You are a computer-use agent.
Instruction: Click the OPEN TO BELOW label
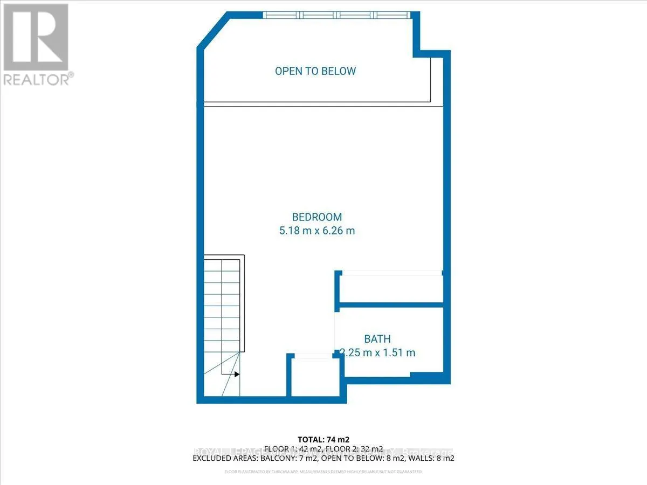click(x=315, y=71)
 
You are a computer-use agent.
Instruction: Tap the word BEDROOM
click(x=317, y=217)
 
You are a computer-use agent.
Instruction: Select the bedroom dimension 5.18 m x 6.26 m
click(x=316, y=231)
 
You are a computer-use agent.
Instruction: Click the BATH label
click(x=377, y=339)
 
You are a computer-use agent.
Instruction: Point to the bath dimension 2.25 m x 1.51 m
click(x=377, y=353)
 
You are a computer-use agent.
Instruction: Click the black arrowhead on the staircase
click(x=237, y=373)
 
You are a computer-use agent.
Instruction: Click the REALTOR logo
click(x=36, y=44)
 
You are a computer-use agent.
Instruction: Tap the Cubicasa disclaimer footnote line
click(x=323, y=472)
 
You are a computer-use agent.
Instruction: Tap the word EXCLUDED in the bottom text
click(x=211, y=459)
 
